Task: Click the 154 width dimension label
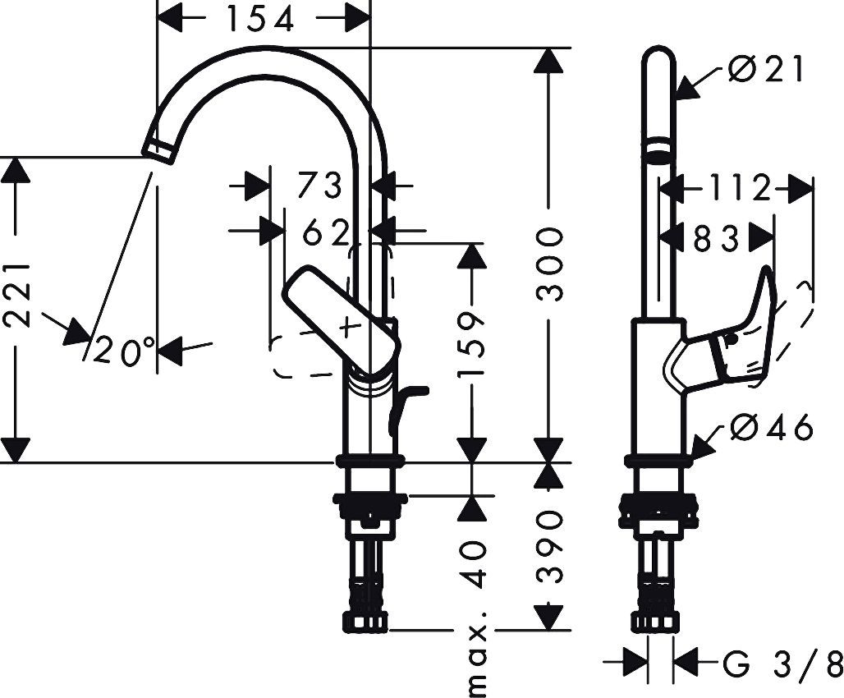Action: pos(260,19)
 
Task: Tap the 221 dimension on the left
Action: pos(19,293)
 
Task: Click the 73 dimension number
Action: pos(319,186)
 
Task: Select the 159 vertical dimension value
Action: pos(471,346)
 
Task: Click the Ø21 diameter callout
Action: pos(766,71)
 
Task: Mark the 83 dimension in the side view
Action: pos(717,239)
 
